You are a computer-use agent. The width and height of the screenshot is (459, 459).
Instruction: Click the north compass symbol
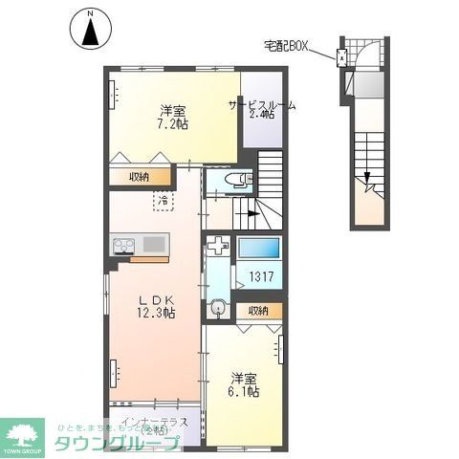pyautogui.click(x=89, y=29)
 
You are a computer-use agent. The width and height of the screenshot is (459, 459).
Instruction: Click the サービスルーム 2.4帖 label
pyautogui.click(x=260, y=110)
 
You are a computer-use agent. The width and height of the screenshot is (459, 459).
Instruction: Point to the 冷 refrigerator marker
pyautogui.click(x=164, y=202)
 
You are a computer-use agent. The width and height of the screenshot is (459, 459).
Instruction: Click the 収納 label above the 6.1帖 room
pyautogui.click(x=258, y=311)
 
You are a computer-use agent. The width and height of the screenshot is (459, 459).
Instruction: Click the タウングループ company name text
pyautogui.click(x=117, y=443)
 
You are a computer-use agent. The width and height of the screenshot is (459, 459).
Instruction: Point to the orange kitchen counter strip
pyautogui.click(x=147, y=258)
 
